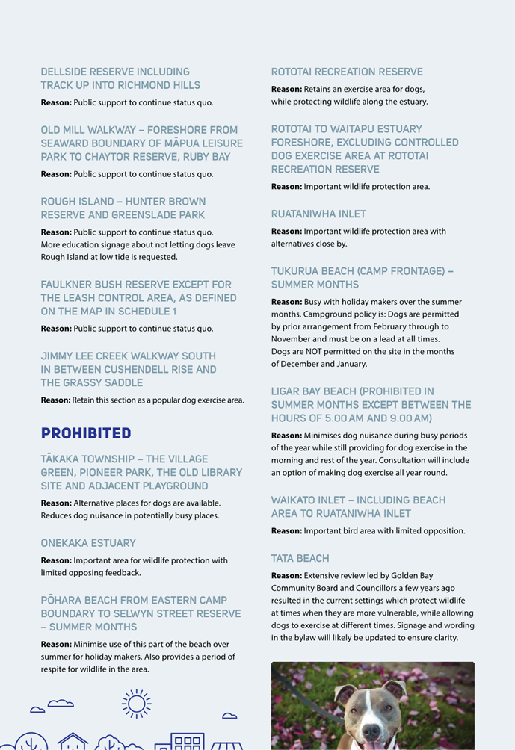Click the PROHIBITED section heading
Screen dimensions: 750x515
(x=85, y=433)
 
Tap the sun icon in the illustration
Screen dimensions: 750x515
(x=136, y=703)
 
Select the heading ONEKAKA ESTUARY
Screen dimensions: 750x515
(x=88, y=543)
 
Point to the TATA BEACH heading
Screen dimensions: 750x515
(x=300, y=558)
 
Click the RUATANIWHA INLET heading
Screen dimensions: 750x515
(x=318, y=214)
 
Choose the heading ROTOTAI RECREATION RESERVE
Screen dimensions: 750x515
(x=347, y=72)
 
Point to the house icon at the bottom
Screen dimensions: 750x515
(x=73, y=742)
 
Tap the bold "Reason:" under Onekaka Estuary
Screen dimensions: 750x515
(x=56, y=560)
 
